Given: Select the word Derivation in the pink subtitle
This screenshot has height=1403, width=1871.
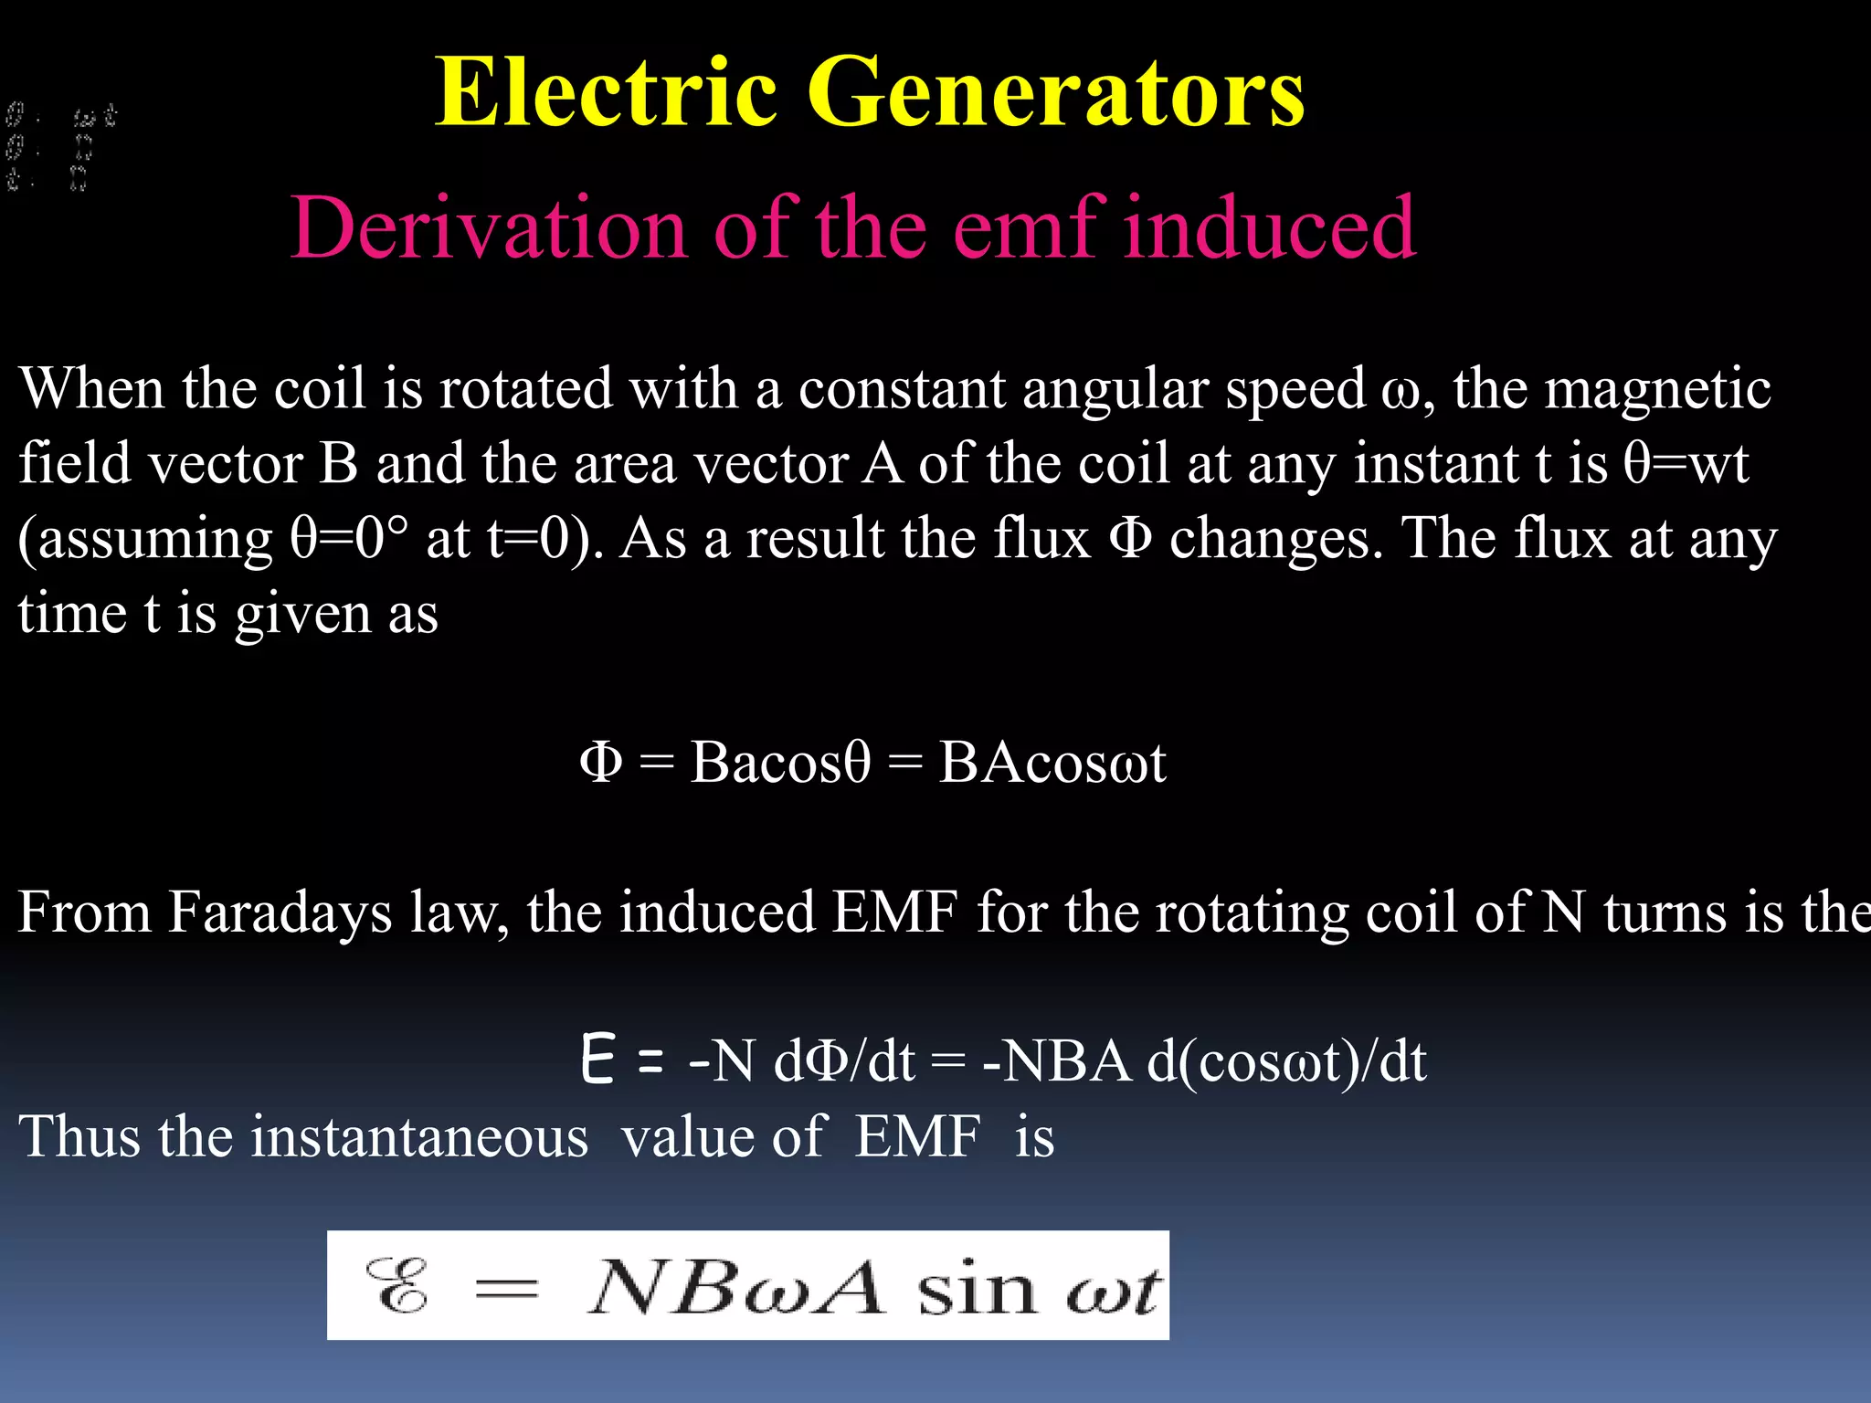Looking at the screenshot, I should (489, 227).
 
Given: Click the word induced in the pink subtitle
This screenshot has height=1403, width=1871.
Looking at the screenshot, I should (1269, 227).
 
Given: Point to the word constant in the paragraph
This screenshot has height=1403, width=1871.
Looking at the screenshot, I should (902, 389).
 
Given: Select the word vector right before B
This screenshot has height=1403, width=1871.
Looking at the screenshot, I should (224, 464).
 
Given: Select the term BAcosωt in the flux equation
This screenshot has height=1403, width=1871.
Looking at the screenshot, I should (1052, 762).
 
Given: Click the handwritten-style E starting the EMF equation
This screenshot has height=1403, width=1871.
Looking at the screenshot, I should (597, 1060).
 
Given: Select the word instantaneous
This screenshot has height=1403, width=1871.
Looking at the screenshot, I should (419, 1137).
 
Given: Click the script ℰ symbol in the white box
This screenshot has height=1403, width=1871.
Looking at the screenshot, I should (397, 1286).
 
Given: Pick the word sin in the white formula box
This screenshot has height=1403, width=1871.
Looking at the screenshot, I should (975, 1288).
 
